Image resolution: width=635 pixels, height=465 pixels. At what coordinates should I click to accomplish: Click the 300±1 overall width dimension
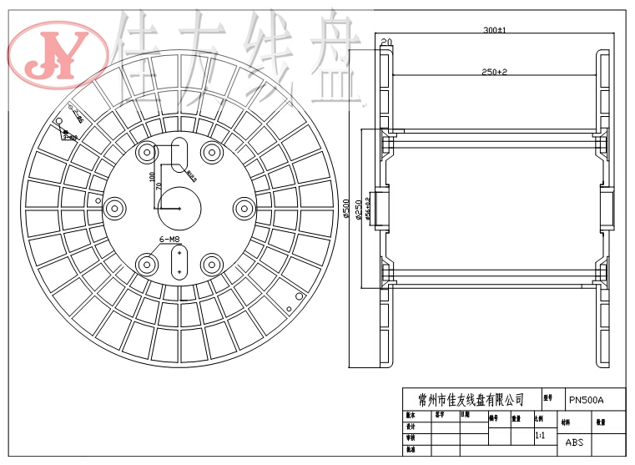tap(494, 30)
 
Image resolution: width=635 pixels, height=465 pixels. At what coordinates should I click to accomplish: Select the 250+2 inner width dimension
tap(494, 73)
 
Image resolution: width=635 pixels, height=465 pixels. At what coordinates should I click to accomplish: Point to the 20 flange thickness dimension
tap(386, 42)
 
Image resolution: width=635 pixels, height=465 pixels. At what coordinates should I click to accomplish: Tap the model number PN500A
tap(586, 399)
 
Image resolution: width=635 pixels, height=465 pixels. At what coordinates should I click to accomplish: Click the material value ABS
tap(575, 442)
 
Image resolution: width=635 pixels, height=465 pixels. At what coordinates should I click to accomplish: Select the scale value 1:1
tap(540, 436)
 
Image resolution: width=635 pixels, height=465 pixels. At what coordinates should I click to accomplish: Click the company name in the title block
tap(465, 399)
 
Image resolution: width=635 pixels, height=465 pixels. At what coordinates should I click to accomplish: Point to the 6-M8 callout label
tap(169, 240)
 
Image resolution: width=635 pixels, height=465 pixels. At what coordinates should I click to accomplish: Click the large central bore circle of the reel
tap(179, 208)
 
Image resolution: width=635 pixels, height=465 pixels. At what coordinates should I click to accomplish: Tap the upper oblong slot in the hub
tap(179, 154)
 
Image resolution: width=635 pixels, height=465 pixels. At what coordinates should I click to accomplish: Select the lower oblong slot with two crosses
tap(179, 262)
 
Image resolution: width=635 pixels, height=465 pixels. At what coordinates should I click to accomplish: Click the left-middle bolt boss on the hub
tap(114, 208)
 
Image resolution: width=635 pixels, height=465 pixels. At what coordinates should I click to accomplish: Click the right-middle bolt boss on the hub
tap(244, 208)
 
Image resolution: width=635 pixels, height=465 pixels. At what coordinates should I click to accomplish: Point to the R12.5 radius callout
tap(191, 176)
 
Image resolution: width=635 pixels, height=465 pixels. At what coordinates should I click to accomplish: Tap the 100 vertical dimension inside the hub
tap(152, 178)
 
